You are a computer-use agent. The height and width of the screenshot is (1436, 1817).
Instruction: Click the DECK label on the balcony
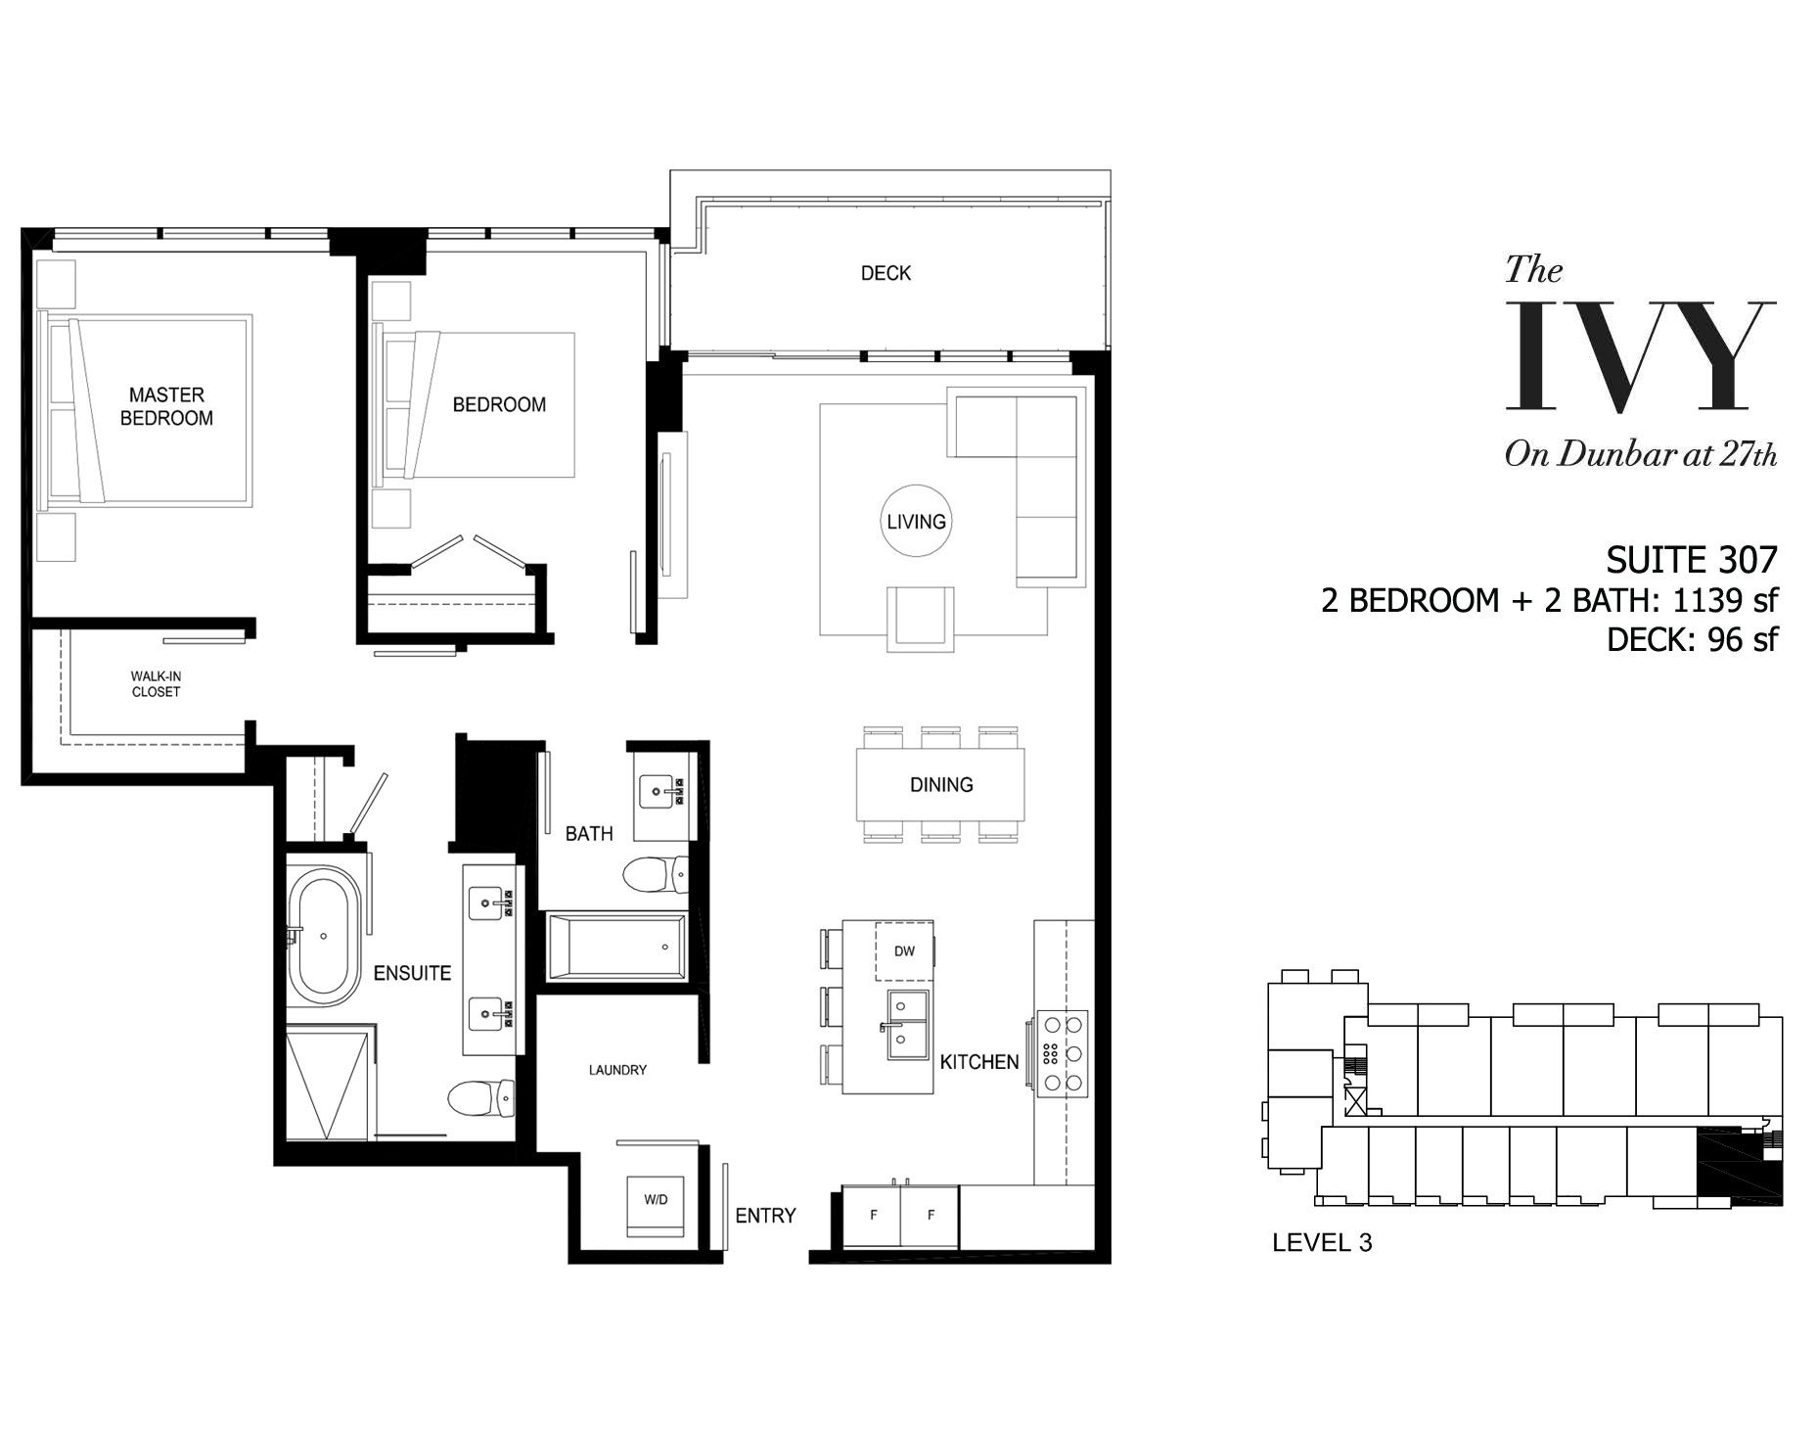pyautogui.click(x=886, y=273)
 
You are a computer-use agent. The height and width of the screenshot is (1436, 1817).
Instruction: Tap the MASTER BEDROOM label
pyautogui.click(x=166, y=406)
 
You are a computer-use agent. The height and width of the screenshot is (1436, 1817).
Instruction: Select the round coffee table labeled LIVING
pyautogui.click(x=916, y=521)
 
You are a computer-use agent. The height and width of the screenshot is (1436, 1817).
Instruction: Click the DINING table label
pyautogui.click(x=941, y=784)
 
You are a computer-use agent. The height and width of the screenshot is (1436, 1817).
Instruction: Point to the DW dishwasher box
pyautogui.click(x=904, y=950)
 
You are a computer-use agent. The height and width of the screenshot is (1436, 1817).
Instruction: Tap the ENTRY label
pyautogui.click(x=765, y=1216)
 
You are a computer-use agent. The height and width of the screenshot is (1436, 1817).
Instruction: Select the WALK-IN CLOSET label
pyautogui.click(x=156, y=683)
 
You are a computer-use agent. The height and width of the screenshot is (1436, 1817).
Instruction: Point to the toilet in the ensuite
pyautogui.click(x=480, y=1097)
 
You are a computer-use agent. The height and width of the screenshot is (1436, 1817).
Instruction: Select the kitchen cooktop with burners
pyautogui.click(x=1063, y=1053)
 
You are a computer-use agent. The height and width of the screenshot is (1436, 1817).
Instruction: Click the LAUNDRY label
pyautogui.click(x=617, y=1070)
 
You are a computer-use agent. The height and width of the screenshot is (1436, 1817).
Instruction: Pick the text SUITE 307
pyautogui.click(x=1692, y=560)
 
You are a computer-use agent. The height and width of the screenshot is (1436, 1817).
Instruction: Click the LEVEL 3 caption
pyautogui.click(x=1322, y=1243)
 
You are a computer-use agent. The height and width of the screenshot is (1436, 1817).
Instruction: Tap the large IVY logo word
pyautogui.click(x=1640, y=355)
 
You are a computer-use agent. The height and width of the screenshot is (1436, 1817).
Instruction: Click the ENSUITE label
pyautogui.click(x=412, y=973)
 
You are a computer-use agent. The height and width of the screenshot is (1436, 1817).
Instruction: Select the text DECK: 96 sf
pyautogui.click(x=1692, y=639)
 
